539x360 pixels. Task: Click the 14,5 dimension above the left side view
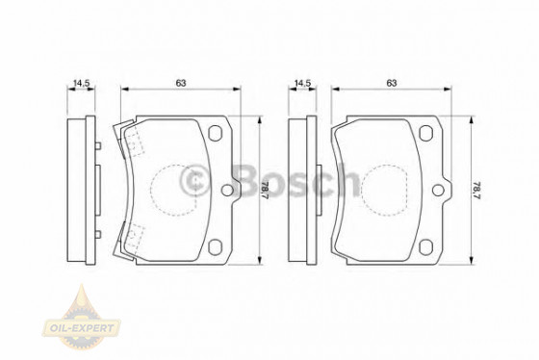point(82,83)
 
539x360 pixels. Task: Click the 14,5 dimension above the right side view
point(303,83)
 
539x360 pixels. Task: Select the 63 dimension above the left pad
point(181,83)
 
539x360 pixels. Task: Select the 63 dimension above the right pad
point(392,83)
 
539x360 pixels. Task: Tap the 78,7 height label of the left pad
point(265,191)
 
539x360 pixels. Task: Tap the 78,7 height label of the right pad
point(475,191)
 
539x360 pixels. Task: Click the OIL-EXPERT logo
point(82,318)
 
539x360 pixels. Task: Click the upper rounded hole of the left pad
point(216,133)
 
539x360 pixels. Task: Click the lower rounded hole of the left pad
point(216,247)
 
